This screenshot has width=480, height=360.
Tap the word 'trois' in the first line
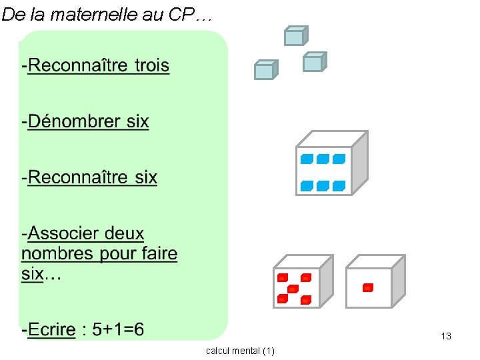click(x=152, y=66)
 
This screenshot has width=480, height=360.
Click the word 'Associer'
click(x=86, y=234)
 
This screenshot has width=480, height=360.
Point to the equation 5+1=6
click(x=118, y=329)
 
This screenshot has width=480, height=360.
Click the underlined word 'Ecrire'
click(x=51, y=330)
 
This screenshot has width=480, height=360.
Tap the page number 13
click(x=446, y=336)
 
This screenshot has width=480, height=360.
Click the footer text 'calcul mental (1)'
click(x=240, y=351)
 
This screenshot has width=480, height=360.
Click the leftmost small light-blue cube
click(x=265, y=70)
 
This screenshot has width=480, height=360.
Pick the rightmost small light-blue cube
click(x=313, y=62)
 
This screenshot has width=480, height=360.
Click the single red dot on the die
click(x=367, y=288)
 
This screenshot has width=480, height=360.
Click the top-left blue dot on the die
click(x=307, y=159)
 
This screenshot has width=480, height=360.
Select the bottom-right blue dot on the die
click(x=339, y=185)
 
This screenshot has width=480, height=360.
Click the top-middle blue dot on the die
click(x=323, y=159)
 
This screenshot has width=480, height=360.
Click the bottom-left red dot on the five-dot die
click(x=283, y=299)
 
